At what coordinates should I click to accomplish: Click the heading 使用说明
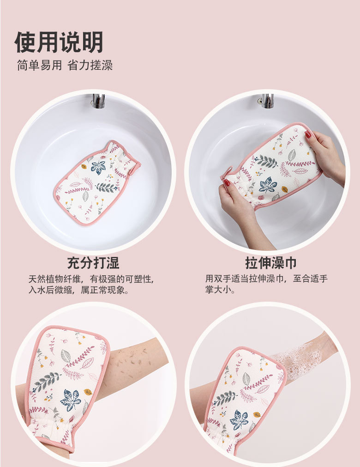click(x=59, y=42)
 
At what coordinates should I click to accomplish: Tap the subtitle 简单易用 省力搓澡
click(x=65, y=65)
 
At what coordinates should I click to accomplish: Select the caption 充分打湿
click(x=93, y=262)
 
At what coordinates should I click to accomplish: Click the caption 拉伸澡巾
click(x=271, y=263)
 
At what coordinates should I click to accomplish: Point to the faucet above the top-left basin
click(x=98, y=102)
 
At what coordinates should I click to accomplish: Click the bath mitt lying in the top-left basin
click(x=97, y=182)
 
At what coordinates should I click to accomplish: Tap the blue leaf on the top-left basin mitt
click(x=98, y=167)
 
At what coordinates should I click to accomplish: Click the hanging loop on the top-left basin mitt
click(x=135, y=167)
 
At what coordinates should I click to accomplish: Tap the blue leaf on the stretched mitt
click(x=267, y=185)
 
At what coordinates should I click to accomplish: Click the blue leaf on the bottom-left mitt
click(x=71, y=400)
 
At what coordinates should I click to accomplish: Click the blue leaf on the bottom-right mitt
click(x=239, y=420)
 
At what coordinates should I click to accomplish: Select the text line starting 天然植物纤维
click(x=91, y=279)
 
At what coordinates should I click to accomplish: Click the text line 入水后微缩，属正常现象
click(x=79, y=290)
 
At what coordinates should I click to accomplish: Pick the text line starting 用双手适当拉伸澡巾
click(x=266, y=279)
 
